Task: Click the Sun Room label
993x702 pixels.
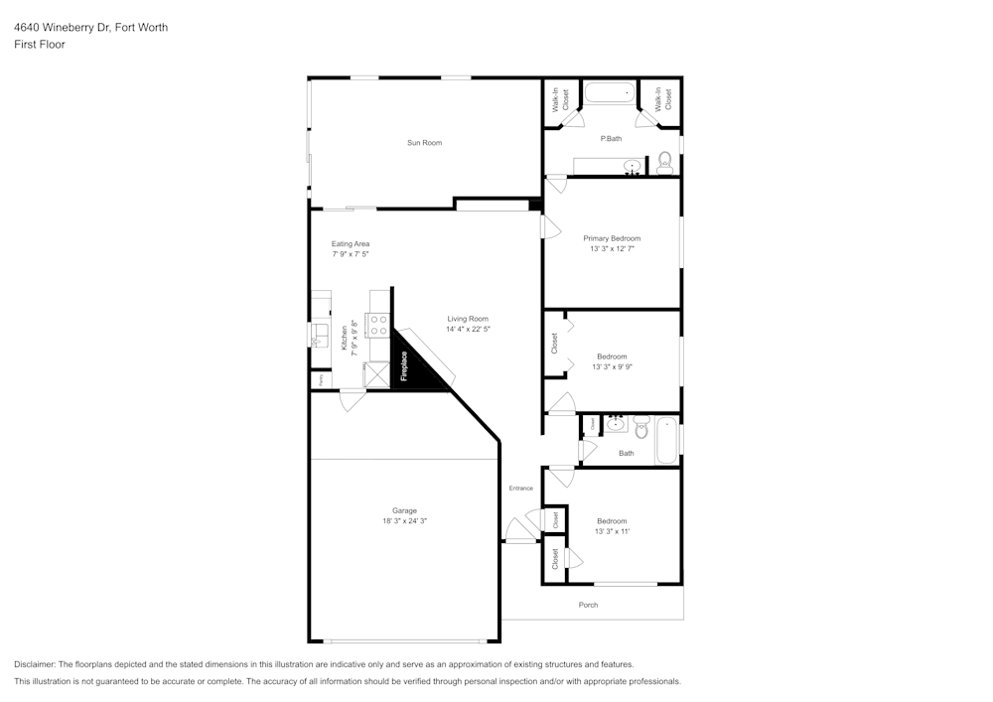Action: tap(424, 143)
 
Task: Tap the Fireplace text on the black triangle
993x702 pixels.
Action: tap(404, 366)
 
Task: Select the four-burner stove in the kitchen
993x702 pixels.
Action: tap(378, 325)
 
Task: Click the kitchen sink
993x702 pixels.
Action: tap(320, 334)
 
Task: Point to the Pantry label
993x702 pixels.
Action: tap(321, 379)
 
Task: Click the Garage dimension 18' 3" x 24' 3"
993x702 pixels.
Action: tap(404, 520)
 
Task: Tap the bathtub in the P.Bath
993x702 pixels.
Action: tap(609, 94)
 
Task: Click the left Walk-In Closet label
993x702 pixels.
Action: tap(560, 99)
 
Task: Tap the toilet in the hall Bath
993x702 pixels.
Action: tap(641, 428)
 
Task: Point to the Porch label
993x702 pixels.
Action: tap(588, 605)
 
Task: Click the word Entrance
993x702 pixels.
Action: tap(521, 489)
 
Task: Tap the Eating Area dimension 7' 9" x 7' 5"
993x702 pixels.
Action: tap(351, 254)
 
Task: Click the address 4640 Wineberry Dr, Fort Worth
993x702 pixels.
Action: tap(90, 28)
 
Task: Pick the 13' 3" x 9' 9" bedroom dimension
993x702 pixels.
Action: tap(612, 366)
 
